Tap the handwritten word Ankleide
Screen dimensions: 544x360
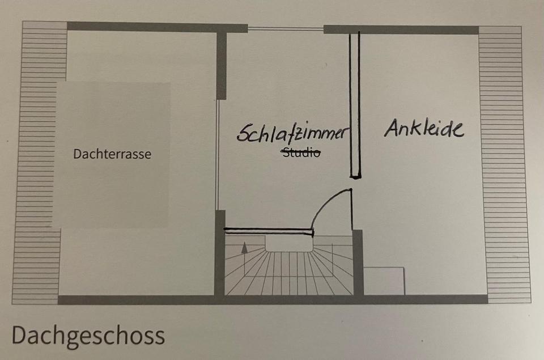point(424,128)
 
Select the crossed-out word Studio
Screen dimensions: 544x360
point(301,152)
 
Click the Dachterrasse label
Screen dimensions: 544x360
point(112,154)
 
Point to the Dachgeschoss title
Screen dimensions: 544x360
point(88,335)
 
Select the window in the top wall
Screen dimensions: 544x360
point(285,28)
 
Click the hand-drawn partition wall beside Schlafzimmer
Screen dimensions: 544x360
point(355,105)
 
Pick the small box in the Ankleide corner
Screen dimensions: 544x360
point(384,280)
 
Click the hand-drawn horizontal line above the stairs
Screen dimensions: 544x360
point(269,231)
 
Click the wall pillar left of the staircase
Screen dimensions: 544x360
point(220,252)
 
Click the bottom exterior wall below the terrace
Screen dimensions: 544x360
point(136,299)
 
